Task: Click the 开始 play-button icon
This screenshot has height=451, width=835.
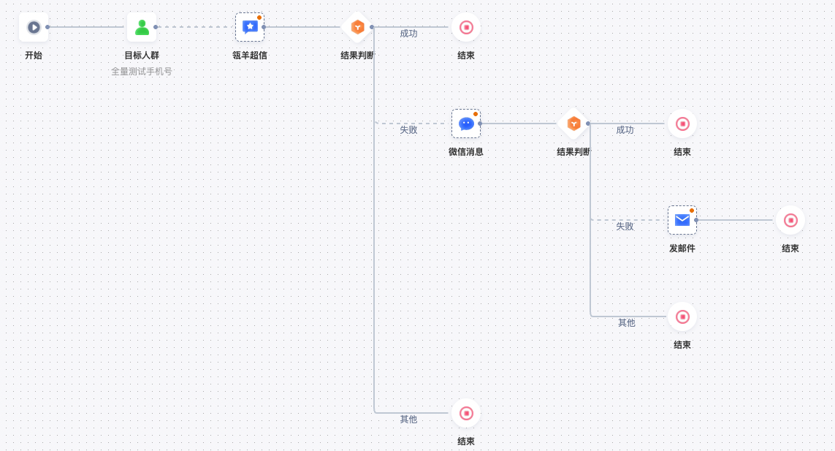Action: tap(34, 27)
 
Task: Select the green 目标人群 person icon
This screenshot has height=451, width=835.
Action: tap(142, 27)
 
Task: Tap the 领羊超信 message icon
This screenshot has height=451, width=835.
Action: tap(250, 27)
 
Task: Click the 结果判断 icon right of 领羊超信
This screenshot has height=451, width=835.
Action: tap(358, 27)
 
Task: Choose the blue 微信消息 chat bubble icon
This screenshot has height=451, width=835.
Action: tap(466, 124)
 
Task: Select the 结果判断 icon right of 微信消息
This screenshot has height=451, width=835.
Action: tap(574, 124)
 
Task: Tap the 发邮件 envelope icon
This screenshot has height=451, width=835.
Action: tap(682, 220)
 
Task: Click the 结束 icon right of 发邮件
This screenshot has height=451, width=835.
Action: tap(790, 220)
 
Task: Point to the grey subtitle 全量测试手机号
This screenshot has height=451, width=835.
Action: tap(142, 72)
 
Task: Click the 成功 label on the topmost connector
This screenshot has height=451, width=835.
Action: tap(408, 34)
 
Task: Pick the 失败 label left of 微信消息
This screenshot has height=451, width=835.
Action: tap(408, 130)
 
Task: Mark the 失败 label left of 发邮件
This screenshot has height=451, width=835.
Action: tap(625, 227)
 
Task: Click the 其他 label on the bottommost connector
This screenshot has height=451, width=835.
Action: tap(408, 420)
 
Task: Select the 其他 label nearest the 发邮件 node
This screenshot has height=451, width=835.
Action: tap(627, 323)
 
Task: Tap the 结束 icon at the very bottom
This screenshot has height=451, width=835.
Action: tap(466, 413)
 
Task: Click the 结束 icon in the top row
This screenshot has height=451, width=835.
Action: tap(466, 27)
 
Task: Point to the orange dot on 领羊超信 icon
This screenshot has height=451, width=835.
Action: tap(259, 18)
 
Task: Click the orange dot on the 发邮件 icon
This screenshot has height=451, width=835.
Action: tap(692, 211)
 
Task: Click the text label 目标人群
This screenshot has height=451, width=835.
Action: tap(142, 56)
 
